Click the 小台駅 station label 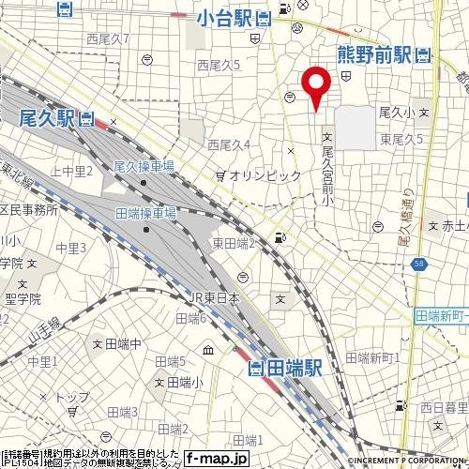point(227,16)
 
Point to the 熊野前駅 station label point(376,55)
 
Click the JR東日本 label point(217,298)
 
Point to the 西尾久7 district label point(107,39)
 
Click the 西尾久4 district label point(228,145)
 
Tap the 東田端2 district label point(234,244)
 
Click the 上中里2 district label point(71,171)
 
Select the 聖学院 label point(23,299)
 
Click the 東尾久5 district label point(401,139)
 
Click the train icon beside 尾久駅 point(87,118)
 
